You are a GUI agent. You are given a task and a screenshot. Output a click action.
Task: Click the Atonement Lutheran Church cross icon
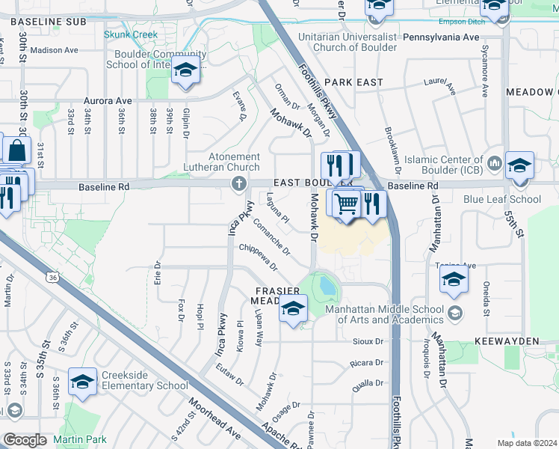point(239,183)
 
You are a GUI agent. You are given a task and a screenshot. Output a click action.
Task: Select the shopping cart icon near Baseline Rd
point(346,203)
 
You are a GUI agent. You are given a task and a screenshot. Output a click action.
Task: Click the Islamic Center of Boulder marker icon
point(493,163)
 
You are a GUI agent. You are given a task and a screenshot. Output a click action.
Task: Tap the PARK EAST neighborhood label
point(354,82)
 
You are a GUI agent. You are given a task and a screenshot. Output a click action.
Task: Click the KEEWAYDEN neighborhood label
point(506,340)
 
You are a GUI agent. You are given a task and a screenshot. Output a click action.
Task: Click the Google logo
point(25,440)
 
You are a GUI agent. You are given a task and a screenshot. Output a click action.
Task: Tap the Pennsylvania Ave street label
point(440,37)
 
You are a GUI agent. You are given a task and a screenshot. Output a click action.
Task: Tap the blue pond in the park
point(327,284)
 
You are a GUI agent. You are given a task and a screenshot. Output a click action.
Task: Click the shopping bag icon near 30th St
point(16,150)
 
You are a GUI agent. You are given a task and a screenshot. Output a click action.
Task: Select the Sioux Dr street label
point(368,341)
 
